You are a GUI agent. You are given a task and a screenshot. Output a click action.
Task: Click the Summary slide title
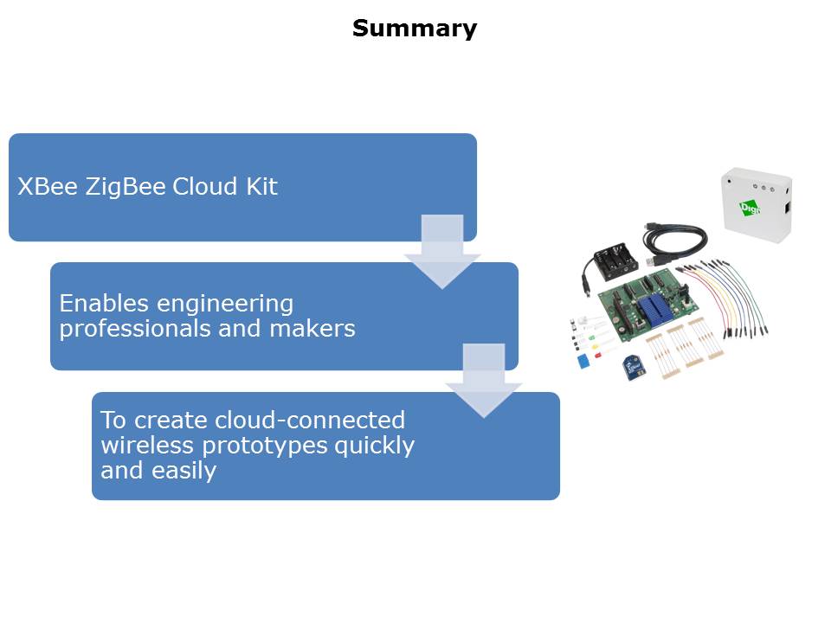414,29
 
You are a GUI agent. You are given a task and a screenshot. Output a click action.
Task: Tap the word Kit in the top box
258,187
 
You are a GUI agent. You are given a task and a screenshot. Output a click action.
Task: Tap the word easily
184,471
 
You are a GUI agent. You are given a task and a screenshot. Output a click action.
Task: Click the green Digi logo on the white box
749,208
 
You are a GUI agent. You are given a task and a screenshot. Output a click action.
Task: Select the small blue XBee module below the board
634,367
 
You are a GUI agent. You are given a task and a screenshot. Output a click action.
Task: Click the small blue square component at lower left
583,359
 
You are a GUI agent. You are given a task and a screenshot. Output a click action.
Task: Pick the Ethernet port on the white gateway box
787,208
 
